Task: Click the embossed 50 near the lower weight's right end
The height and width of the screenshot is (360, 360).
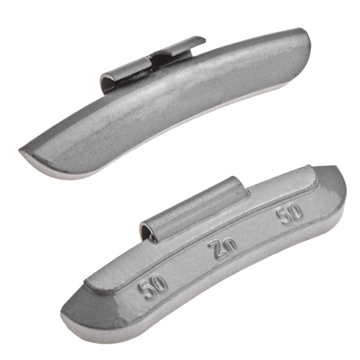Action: [289, 213]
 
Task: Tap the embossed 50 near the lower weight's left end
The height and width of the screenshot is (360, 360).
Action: [152, 285]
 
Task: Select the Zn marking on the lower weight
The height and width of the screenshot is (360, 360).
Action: [222, 249]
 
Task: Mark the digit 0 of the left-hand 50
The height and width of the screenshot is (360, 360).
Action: [159, 283]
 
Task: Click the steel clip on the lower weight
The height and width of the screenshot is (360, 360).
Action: [194, 209]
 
